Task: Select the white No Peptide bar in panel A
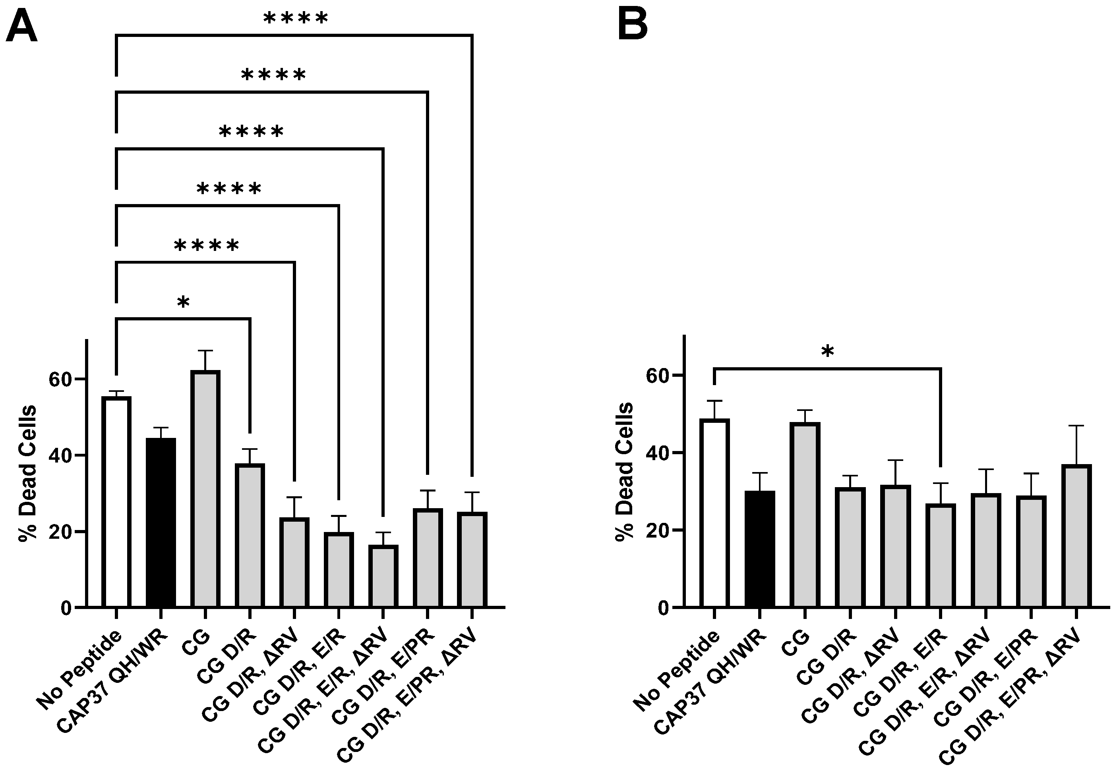116,502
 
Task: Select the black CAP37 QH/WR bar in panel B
760,549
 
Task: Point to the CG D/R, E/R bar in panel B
940,555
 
